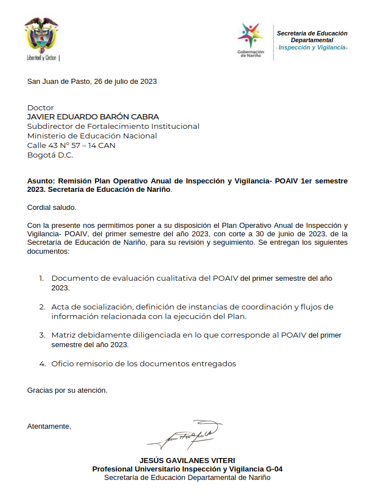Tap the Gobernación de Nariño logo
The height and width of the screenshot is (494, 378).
250,38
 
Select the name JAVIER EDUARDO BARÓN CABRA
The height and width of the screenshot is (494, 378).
93,117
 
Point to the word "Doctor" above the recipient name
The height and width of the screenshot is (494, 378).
40,107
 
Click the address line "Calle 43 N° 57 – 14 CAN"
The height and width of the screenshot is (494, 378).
71,146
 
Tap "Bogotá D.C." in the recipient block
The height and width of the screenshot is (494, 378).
50,155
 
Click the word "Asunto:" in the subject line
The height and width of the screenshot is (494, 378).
40,181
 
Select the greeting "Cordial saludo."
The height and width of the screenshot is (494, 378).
51,208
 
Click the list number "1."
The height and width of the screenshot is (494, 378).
41,279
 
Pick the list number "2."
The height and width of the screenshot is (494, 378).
42,307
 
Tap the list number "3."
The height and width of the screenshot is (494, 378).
42,335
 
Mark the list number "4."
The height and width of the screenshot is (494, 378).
42,364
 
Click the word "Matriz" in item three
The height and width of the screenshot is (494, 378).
63,335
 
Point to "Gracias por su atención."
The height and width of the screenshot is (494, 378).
67,390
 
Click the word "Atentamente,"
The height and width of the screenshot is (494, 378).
49,426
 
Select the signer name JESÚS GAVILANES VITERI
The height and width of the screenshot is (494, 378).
187,460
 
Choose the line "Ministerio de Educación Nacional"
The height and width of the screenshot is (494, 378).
92,136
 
